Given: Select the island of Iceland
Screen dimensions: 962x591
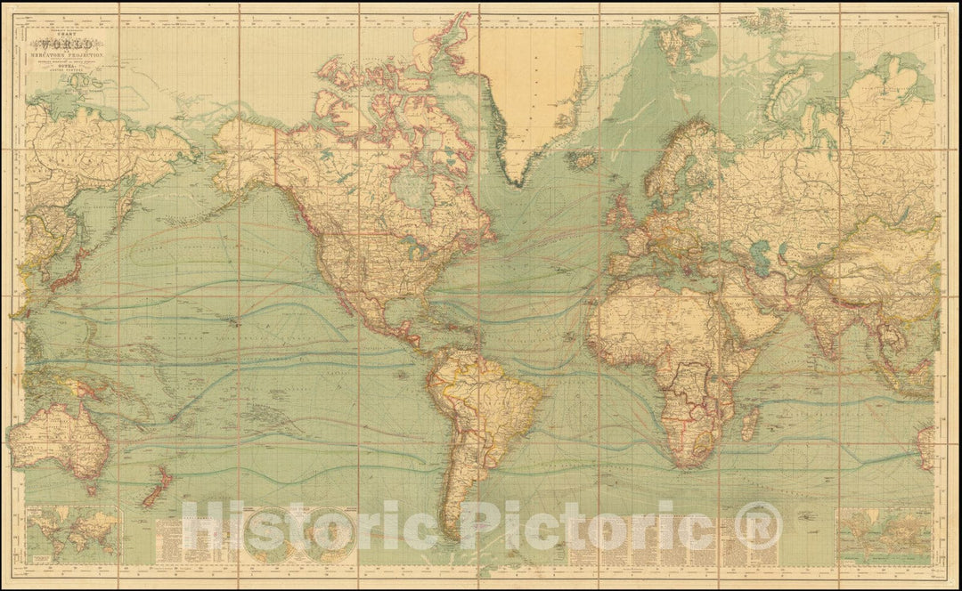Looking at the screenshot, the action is point(583,160).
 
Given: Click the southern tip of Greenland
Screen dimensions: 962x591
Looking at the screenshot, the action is point(516,182).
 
